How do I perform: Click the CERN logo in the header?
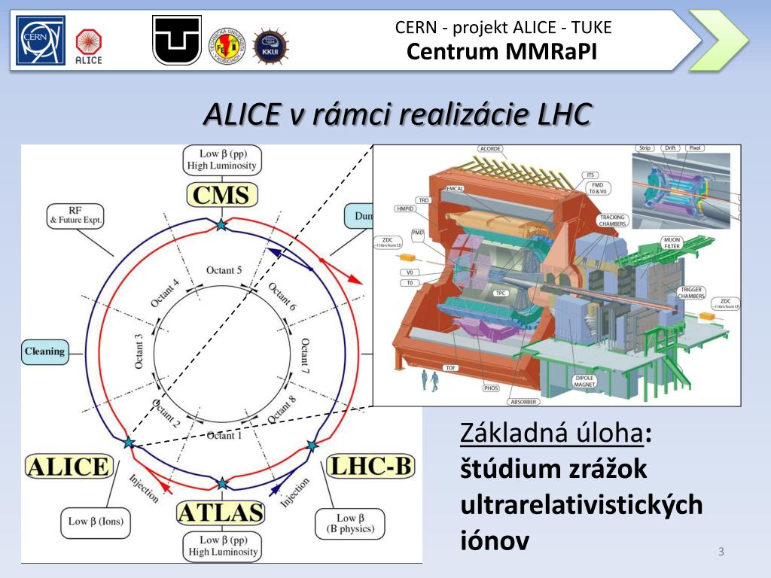[42, 41]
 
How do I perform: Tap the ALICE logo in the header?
[89, 47]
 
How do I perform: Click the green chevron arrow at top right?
[718, 41]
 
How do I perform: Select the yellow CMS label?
[221, 196]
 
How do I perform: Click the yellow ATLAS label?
[221, 513]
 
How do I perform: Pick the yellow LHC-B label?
[370, 467]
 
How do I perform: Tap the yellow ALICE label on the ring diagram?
[68, 467]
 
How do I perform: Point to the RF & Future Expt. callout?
[75, 216]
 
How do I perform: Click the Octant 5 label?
[224, 270]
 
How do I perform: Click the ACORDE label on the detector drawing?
[490, 149]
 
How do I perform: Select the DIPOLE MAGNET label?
[584, 382]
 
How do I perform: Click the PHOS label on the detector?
[491, 388]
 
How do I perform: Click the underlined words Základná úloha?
[552, 433]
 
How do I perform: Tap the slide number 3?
[721, 552]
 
